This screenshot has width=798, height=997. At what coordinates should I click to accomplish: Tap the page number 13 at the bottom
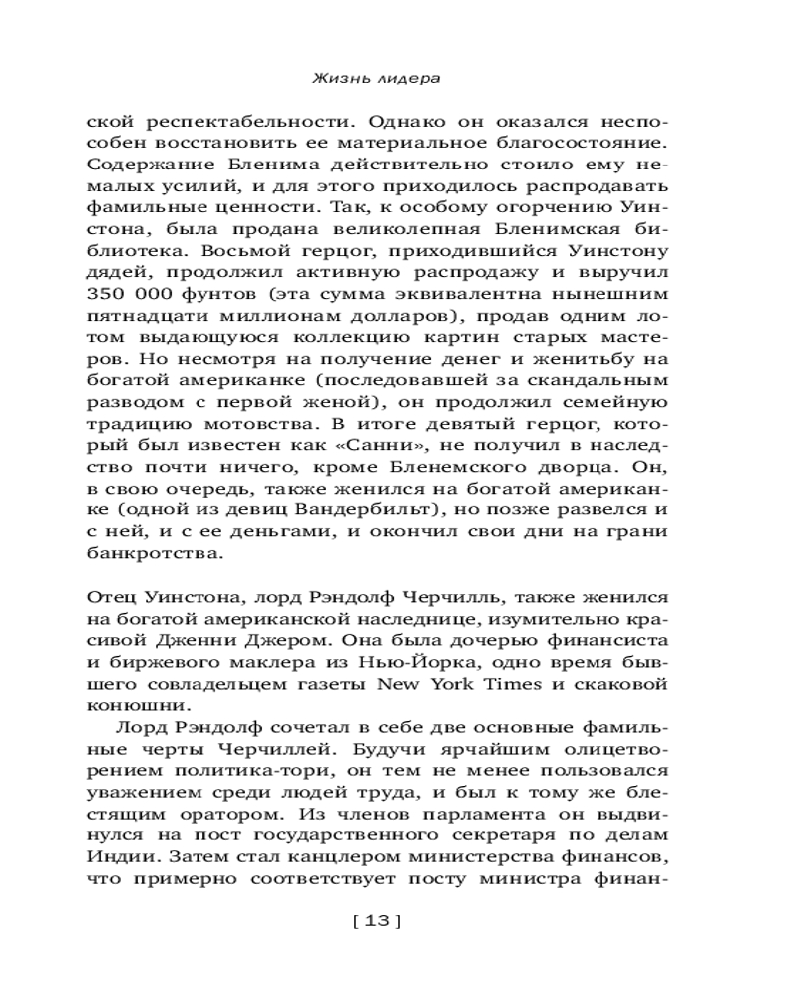tap(376, 921)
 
